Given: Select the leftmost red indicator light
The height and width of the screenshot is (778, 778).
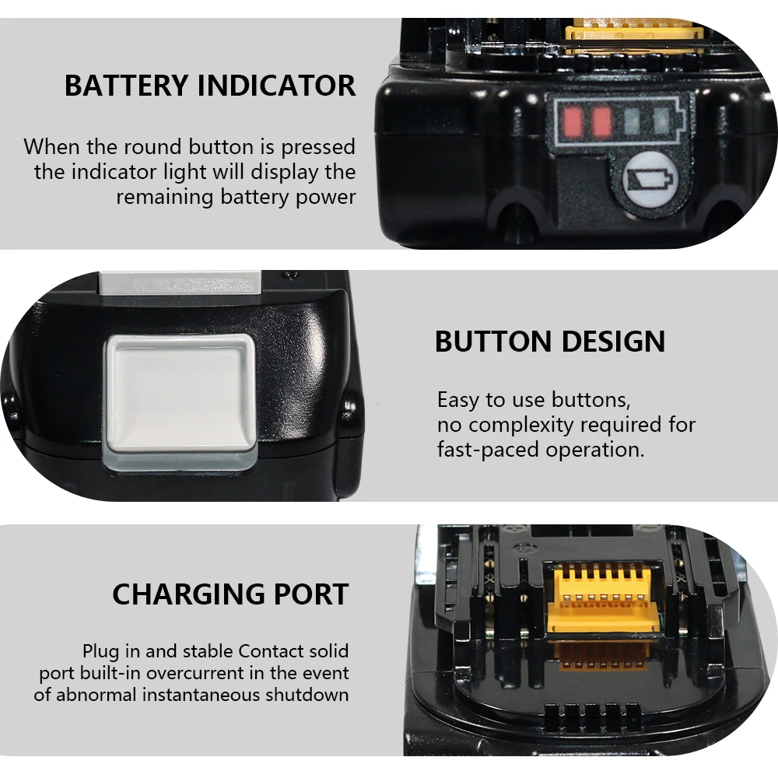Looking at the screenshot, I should pyautogui.click(x=573, y=122).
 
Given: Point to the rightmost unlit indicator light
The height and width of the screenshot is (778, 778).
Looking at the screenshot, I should pyautogui.click(x=661, y=122).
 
